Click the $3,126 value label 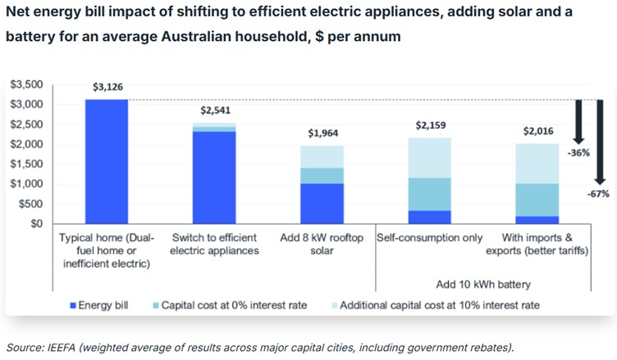108,86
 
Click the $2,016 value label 538,131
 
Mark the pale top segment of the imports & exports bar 538,163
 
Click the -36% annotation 578,153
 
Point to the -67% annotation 601,194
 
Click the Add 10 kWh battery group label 484,285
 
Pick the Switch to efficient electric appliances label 214,244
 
